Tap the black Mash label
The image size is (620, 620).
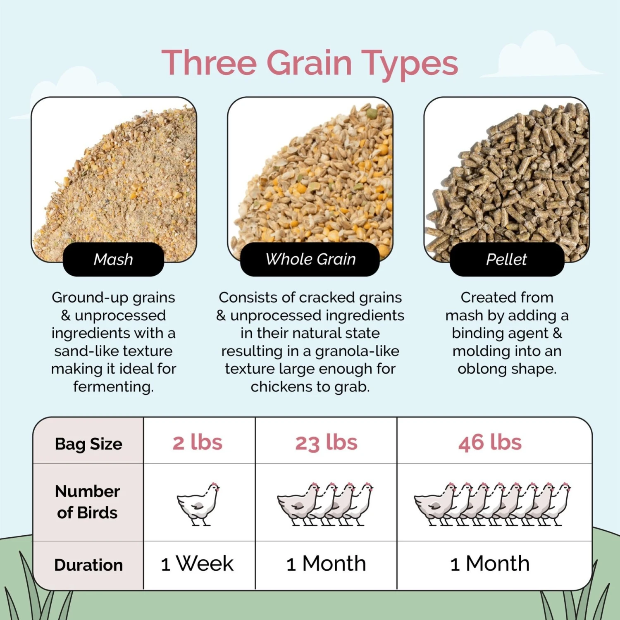pos(113,260)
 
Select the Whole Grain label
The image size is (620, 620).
pos(310,260)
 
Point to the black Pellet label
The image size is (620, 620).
pos(506,260)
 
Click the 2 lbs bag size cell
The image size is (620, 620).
pos(198,443)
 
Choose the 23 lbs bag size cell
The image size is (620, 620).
pos(326,443)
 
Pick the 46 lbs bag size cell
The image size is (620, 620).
pos(490,443)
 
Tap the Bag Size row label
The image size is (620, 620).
pos(88,444)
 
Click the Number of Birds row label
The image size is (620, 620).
pos(88,502)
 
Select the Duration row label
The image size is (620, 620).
pos(88,565)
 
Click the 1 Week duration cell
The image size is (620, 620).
pos(197,564)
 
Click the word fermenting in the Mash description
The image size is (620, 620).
pos(112,387)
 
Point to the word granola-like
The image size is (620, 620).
pos(357,351)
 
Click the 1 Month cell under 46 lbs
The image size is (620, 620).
pos(490,564)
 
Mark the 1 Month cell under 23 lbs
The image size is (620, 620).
pos(326,564)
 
